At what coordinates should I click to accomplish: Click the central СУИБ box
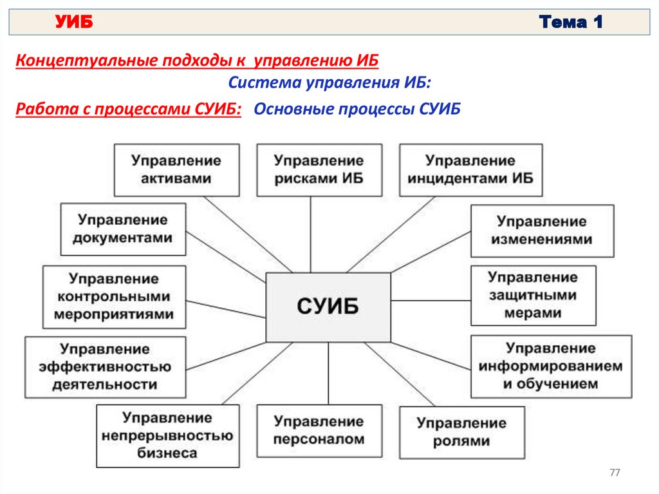(328, 307)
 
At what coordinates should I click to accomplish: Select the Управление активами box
(176, 170)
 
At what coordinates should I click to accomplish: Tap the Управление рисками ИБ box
(319, 170)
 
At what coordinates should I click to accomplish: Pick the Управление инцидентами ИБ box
(470, 170)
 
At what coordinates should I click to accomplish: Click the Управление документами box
(123, 229)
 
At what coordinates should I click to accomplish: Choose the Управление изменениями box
(542, 231)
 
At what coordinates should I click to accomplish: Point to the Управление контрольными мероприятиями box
(114, 297)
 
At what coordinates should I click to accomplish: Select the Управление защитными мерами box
(533, 296)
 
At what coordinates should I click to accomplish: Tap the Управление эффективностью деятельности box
(106, 366)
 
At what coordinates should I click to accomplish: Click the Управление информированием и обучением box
(551, 366)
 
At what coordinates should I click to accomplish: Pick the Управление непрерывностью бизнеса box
(167, 435)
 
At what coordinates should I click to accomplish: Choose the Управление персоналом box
(319, 431)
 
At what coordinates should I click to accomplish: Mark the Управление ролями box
(461, 432)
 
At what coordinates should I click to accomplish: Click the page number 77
(615, 473)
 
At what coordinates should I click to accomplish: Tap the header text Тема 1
(571, 23)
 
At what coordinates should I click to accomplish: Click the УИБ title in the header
(74, 23)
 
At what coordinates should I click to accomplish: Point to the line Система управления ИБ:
(330, 83)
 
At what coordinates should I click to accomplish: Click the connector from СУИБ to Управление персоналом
(328, 374)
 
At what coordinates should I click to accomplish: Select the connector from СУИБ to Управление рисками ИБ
(311, 234)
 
